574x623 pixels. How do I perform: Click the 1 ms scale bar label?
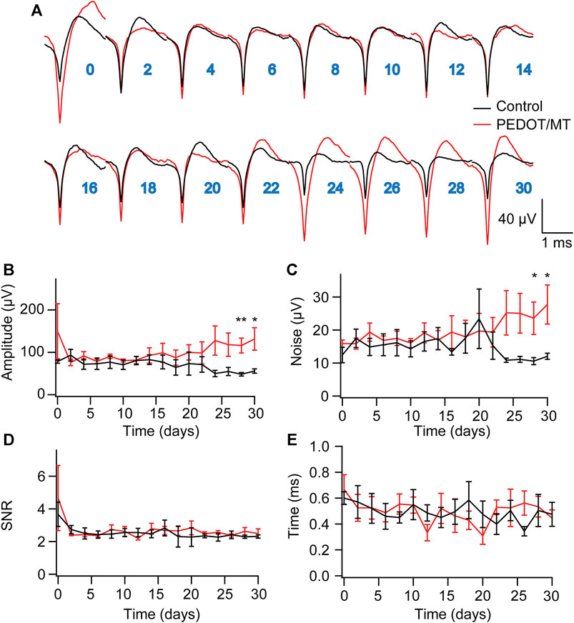click(556, 243)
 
